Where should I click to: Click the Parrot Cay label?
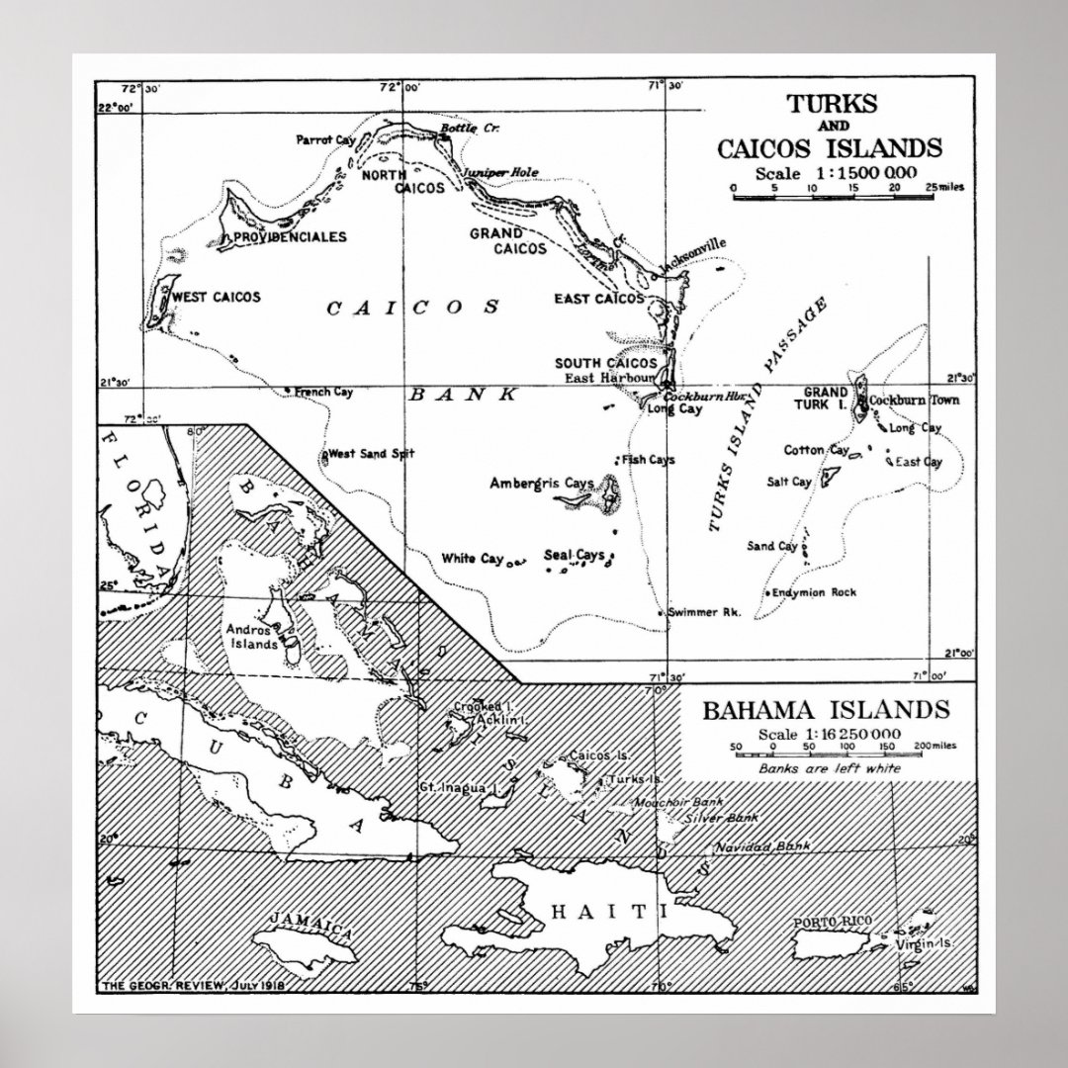coord(324,139)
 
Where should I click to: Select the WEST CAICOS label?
coord(217,297)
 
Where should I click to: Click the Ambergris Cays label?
coord(541,483)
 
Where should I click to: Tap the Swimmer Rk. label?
coord(704,612)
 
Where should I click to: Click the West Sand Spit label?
coord(371,454)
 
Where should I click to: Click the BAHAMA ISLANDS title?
coord(825,711)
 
